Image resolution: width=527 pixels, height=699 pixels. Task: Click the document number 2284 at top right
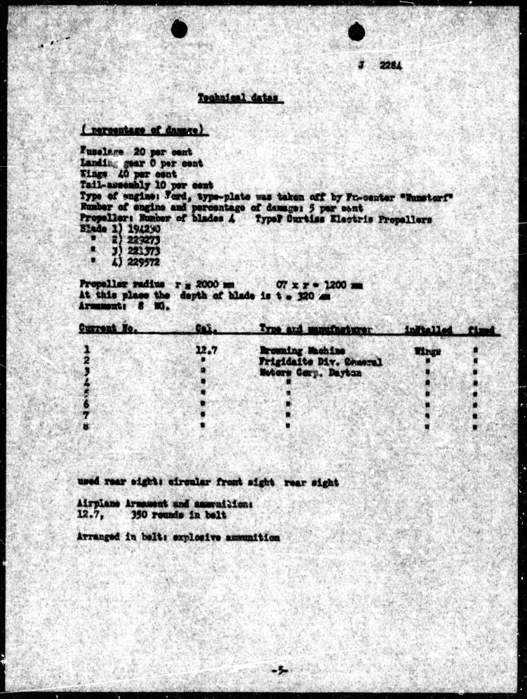point(391,66)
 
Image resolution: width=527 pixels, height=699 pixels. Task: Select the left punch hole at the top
point(179,29)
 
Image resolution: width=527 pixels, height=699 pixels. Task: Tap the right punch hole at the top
point(356,31)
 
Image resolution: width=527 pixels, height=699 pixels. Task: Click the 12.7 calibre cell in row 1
point(205,349)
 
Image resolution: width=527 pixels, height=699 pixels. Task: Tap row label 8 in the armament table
point(85,425)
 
